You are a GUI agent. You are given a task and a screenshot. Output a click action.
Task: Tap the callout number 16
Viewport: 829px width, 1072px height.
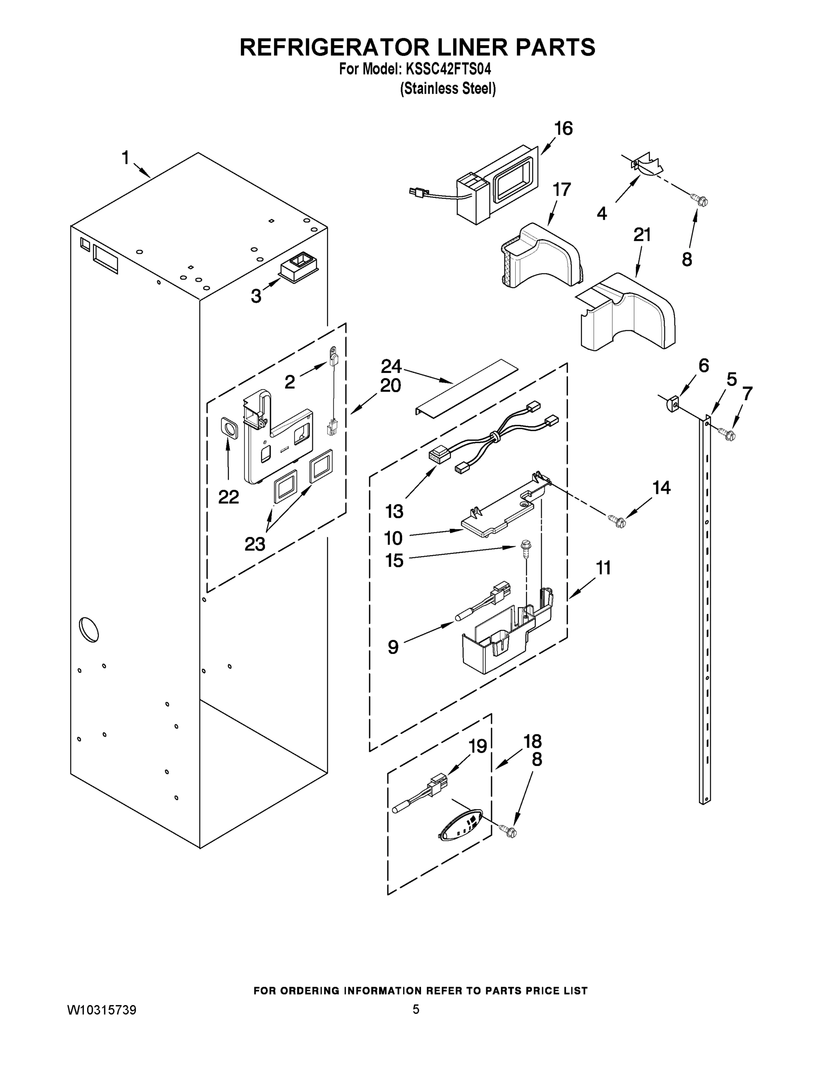[x=563, y=129]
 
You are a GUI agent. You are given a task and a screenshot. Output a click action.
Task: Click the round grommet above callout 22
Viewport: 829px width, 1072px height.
[x=228, y=428]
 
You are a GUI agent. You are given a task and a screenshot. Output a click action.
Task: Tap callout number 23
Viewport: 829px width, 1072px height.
[x=254, y=544]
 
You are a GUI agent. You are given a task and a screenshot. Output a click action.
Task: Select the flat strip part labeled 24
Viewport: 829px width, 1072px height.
[x=467, y=388]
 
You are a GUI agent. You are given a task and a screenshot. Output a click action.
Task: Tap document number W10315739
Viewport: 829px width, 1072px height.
[x=101, y=1010]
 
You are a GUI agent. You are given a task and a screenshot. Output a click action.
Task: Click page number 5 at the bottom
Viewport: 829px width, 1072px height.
[x=416, y=1009]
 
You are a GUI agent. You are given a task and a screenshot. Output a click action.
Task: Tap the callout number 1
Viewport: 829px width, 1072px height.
[x=126, y=158]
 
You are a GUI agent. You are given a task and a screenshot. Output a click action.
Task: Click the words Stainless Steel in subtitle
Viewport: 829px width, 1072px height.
[x=447, y=88]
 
